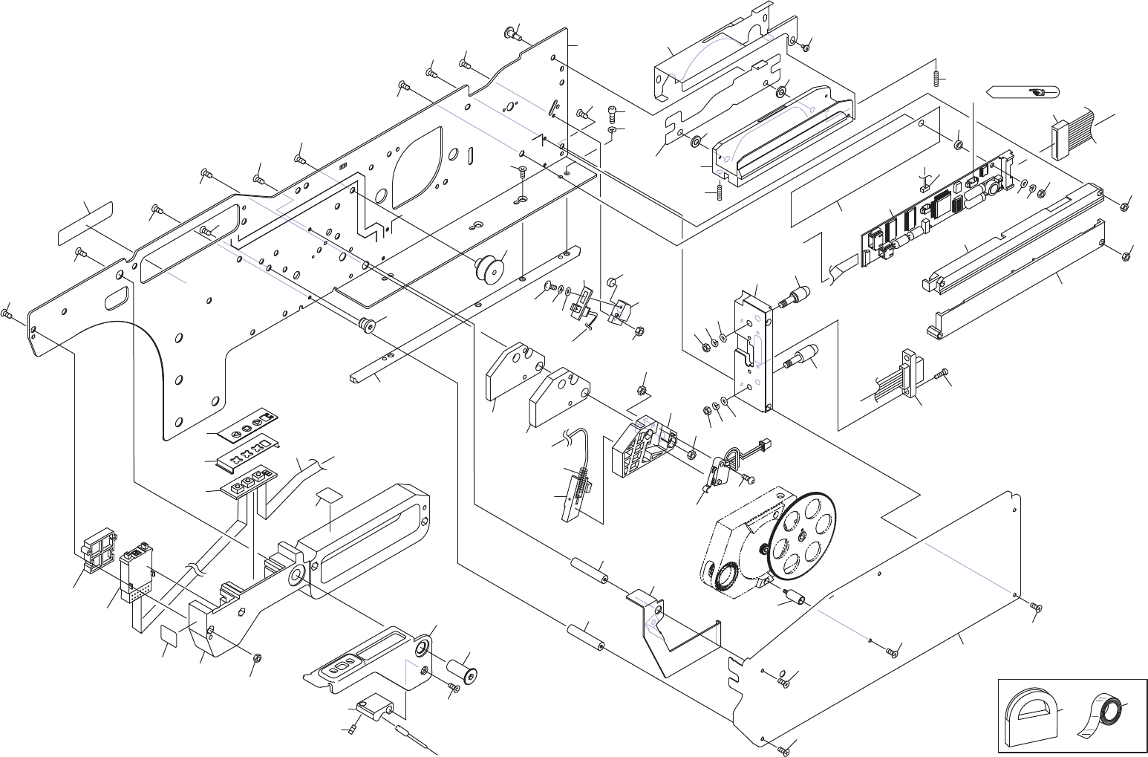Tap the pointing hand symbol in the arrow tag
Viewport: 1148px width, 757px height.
(x=1036, y=92)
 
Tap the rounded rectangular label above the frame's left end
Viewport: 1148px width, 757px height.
(x=85, y=223)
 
